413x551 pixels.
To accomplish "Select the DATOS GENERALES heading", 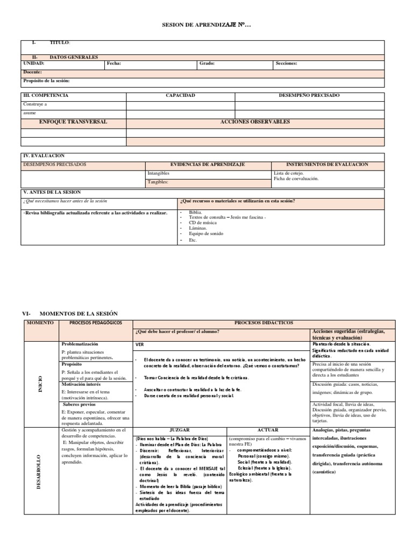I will [x=74, y=57].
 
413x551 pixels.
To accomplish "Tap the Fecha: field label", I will [x=114, y=63].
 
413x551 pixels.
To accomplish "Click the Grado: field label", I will [x=207, y=63].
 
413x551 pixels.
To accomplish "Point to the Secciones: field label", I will [x=286, y=63].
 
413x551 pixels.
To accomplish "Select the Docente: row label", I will [x=33, y=72].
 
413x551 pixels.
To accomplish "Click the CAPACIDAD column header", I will [x=180, y=95].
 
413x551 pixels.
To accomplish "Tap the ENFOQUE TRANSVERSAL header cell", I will [x=73, y=122].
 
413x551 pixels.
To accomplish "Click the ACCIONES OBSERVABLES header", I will [x=255, y=122].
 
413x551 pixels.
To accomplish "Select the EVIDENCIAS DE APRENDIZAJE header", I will [x=208, y=164].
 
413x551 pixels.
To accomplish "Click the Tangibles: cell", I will [x=158, y=182].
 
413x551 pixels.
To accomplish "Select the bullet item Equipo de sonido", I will [x=207, y=234].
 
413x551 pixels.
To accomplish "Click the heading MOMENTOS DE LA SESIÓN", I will [x=78, y=313].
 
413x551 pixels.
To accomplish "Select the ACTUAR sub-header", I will [x=267, y=430].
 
